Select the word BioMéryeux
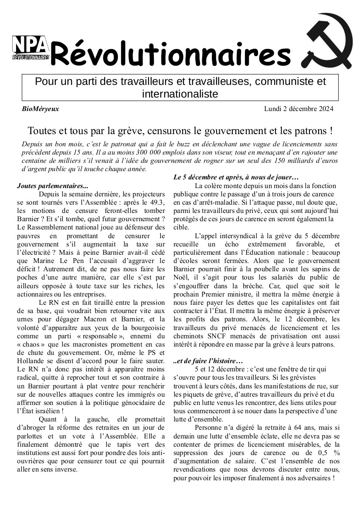[x=40, y=109]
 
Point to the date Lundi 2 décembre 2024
[x=299, y=109]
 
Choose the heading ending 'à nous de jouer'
[x=236, y=177]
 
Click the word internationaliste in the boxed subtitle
[x=180, y=94]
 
